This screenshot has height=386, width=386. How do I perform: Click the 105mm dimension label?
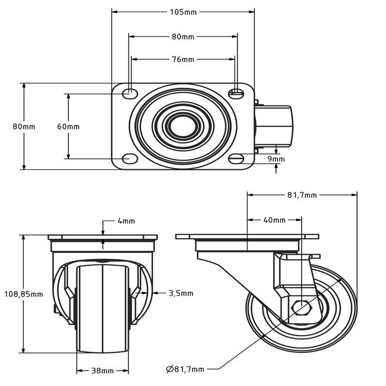[x=183, y=11]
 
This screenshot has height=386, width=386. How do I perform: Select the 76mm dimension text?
[x=183, y=59]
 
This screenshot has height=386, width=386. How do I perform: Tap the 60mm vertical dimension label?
[x=68, y=126]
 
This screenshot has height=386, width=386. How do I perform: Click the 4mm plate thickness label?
[x=126, y=222]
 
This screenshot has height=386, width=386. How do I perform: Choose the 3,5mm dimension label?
[x=181, y=293]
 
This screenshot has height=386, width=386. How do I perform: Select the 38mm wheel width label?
[x=103, y=371]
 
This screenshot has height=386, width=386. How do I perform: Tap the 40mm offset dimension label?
[x=274, y=220]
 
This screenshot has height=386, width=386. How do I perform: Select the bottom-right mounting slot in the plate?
[x=237, y=159]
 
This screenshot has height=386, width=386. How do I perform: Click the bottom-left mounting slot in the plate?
[x=130, y=159]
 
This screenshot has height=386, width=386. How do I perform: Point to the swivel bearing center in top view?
[x=179, y=126]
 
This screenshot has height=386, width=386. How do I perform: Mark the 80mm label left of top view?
[x=24, y=126]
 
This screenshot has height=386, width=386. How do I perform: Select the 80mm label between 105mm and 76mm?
[x=183, y=37]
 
